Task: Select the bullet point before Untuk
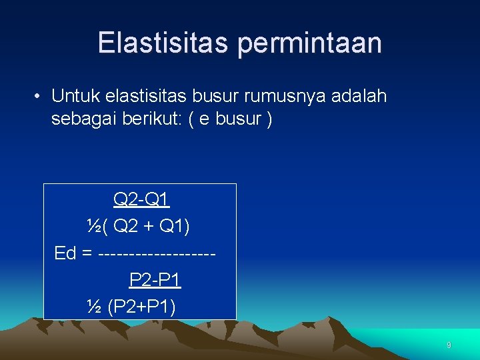tap(40, 97)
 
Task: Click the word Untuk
tap(75, 97)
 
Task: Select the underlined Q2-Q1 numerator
tap(142, 199)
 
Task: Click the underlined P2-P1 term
tap(155, 280)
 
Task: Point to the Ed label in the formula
tap(65, 254)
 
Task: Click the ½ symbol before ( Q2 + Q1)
tap(93, 227)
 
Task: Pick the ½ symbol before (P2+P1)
tap(93, 307)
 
